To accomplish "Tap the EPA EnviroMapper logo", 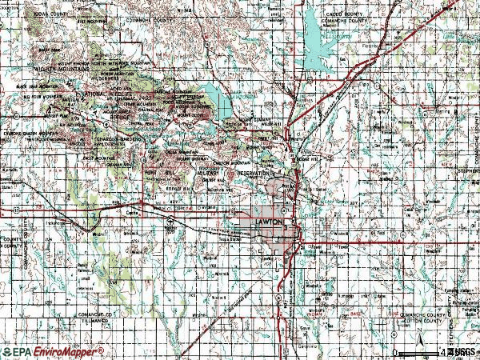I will (x=53, y=351).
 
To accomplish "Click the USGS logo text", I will (x=458, y=351).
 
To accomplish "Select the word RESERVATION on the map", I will (x=254, y=174).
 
